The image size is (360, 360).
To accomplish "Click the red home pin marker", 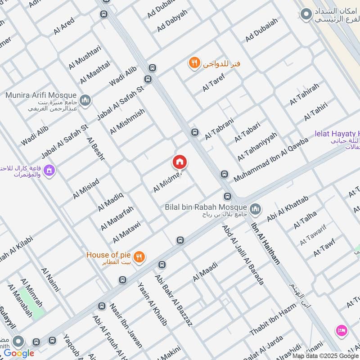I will coord(180,162).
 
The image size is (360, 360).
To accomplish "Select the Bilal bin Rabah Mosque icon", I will coord(256,209).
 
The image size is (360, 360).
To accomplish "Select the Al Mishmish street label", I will coord(127,121).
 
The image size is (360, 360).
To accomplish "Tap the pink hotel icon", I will coord(341,331).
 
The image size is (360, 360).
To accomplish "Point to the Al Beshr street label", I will coord(97,149).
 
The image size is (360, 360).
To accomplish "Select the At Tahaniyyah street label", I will coord(257,147).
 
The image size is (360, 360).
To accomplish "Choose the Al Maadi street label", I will coord(205,271).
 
